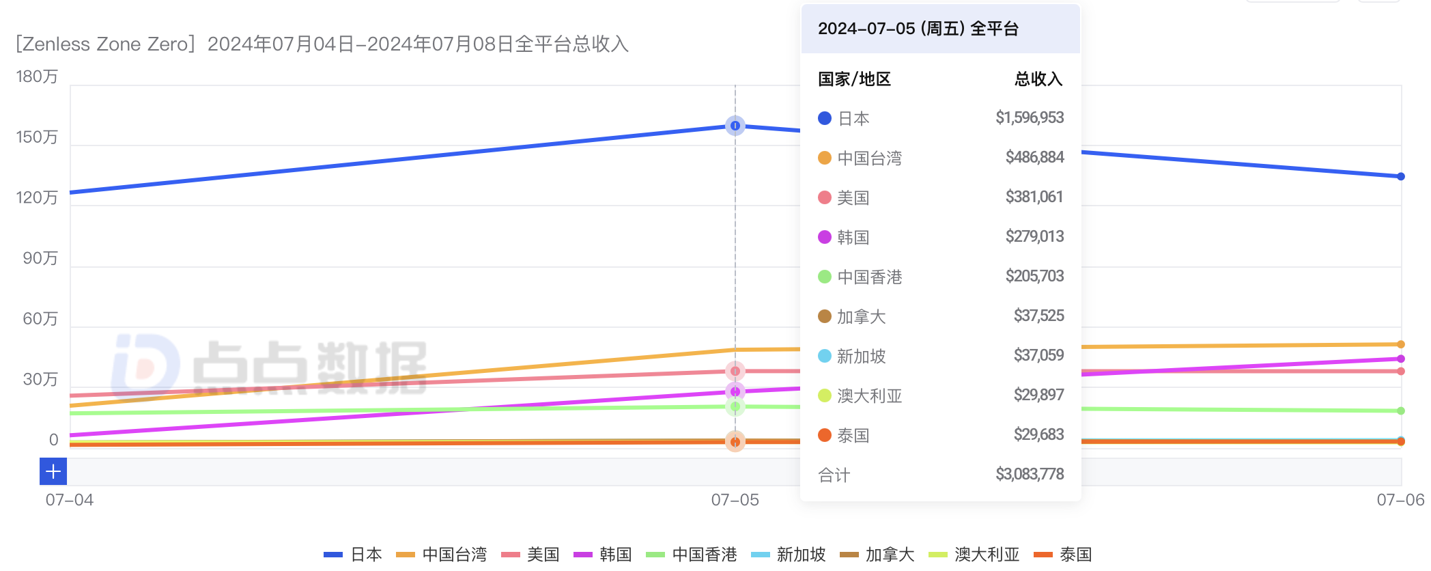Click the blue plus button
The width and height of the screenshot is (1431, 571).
53,471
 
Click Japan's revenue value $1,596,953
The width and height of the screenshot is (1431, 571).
1029,117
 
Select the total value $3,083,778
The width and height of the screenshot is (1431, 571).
1029,474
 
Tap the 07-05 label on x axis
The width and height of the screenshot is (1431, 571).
735,500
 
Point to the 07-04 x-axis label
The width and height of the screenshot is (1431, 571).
70,500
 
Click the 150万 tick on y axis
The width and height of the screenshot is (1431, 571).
37,137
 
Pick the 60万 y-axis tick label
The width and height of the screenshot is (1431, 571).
40,319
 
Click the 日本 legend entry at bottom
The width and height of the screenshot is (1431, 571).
353,554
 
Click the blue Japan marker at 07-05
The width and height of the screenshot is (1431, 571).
735,126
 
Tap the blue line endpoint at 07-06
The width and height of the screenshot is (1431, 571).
1400,176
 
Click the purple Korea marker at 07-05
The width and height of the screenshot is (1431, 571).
735,391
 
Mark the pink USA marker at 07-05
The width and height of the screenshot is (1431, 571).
735,372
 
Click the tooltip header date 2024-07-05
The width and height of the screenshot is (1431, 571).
866,29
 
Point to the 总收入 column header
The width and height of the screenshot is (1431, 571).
1038,79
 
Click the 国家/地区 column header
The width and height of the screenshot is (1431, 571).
854,79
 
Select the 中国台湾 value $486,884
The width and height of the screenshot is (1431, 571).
1034,157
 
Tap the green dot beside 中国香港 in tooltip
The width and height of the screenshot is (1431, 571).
824,277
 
